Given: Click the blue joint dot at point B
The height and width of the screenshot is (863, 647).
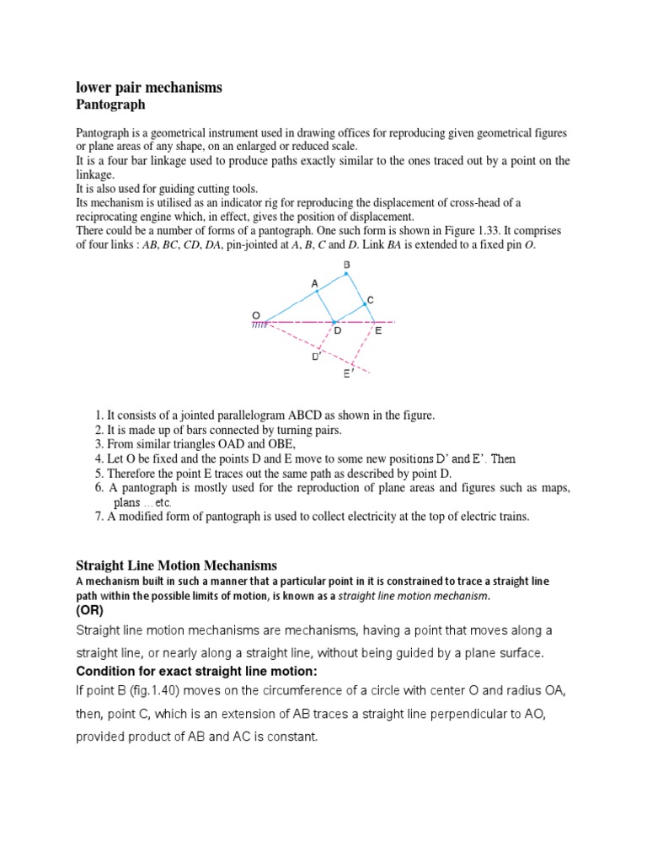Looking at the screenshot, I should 345,275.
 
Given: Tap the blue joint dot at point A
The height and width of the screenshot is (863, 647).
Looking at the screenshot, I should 317,292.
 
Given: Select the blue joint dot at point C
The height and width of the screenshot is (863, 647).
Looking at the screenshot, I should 364,305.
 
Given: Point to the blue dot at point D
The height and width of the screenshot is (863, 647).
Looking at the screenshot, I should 334,322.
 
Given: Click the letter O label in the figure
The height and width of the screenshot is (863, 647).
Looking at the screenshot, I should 256,314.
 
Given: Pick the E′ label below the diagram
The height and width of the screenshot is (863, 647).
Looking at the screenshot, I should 347,373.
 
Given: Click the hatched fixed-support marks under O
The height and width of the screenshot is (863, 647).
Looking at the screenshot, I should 259,324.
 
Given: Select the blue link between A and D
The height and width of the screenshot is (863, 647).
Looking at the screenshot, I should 325,307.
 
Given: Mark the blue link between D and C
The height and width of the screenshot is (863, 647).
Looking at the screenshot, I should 350,314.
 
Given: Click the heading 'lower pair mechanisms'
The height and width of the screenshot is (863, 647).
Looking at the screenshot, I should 149,88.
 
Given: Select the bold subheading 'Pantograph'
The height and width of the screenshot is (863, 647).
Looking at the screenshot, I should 110,105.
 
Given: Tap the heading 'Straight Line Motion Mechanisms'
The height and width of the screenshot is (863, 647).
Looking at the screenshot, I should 176,566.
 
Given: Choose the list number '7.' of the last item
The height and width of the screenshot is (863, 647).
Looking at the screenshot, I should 99,517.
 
